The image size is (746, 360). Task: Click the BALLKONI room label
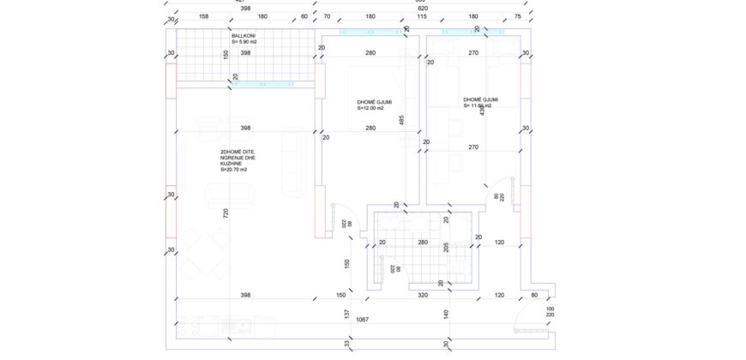[244, 36]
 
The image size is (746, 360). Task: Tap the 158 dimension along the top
[204, 15]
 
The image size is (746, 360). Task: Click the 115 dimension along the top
[422, 15]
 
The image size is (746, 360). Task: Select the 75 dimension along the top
[517, 15]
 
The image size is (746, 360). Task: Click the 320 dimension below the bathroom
[423, 295]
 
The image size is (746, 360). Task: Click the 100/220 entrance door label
[550, 313]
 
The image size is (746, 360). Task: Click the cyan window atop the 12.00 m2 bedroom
[370, 33]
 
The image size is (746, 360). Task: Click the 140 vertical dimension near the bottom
[446, 315]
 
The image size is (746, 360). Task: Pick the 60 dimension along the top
[304, 15]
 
